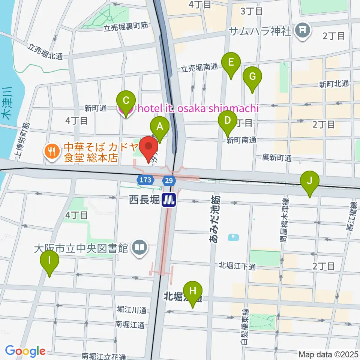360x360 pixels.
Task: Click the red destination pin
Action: point(150,147)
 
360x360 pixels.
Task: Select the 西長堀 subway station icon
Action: point(169,199)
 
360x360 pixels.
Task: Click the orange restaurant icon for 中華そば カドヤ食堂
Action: point(50,151)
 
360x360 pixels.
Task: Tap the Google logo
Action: point(25,351)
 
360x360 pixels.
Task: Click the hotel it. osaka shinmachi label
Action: point(198,109)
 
